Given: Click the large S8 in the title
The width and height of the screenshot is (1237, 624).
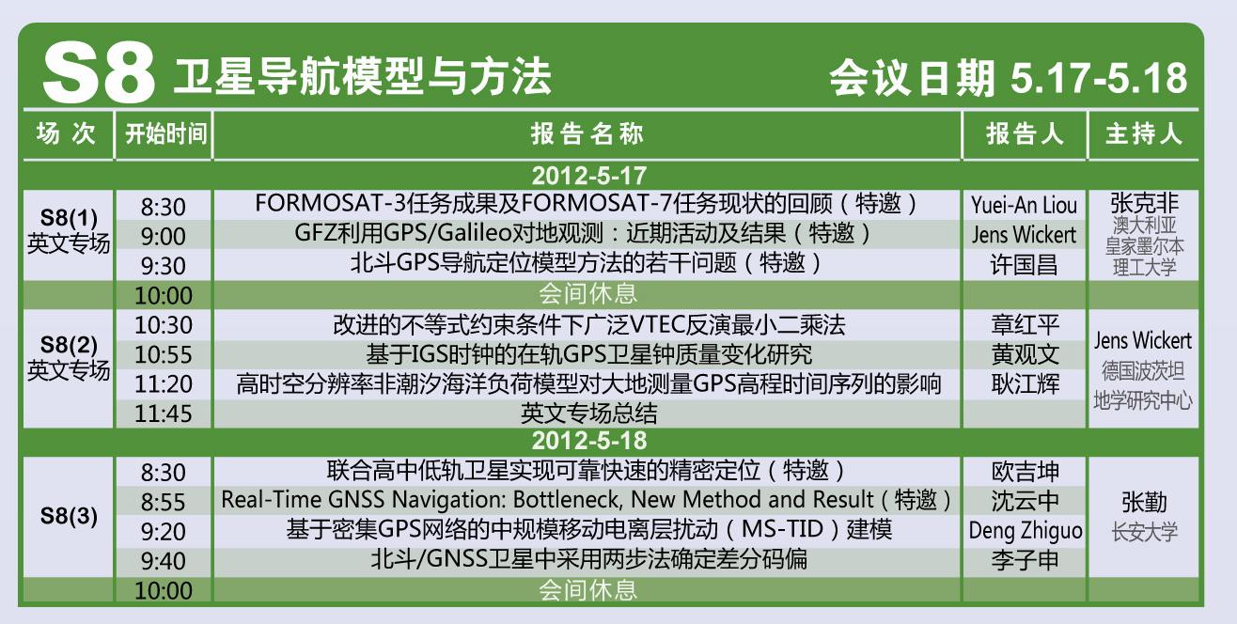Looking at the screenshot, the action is (99, 73).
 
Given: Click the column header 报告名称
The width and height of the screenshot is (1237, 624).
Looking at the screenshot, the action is (587, 134).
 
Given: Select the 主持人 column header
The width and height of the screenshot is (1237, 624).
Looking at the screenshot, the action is (1144, 134).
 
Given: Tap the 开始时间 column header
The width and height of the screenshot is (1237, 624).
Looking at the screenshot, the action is (164, 134).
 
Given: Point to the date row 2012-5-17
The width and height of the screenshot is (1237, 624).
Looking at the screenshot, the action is (588, 176).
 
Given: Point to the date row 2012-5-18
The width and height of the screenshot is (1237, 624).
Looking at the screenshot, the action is (588, 441).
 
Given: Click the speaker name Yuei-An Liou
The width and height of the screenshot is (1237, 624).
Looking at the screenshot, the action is (1024, 206).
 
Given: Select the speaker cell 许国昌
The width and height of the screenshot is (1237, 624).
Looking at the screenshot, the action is (1024, 265).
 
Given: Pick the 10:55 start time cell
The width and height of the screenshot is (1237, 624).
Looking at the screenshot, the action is (164, 354).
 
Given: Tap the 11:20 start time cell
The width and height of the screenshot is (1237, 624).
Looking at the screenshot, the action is (164, 384).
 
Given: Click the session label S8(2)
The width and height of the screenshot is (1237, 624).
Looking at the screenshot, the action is (69, 345).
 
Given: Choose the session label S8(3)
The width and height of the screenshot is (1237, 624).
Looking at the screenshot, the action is (69, 516).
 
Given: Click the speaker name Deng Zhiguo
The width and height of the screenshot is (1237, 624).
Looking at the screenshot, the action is (1026, 531).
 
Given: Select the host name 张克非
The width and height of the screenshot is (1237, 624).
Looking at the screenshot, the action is (1144, 203).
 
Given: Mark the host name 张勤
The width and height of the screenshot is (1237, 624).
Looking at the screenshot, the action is (1144, 503).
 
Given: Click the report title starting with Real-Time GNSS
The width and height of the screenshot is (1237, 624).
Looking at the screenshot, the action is (586, 500).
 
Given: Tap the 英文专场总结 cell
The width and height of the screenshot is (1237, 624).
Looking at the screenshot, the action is (588, 413).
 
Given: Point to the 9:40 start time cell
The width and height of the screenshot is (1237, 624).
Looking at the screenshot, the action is (164, 561).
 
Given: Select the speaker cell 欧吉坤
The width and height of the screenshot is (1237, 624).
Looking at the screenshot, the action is (1025, 472).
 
